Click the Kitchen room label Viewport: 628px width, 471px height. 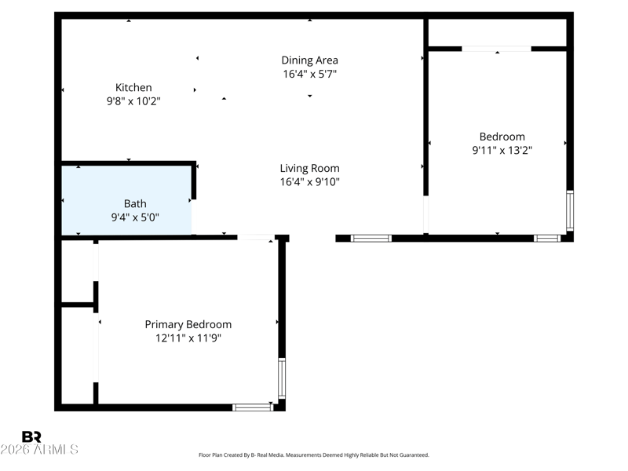[133, 87]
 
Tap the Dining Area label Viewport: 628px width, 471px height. [309, 60]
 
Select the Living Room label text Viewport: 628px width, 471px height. [309, 168]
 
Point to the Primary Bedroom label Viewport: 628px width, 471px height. [188, 324]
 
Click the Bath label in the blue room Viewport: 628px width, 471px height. [135, 203]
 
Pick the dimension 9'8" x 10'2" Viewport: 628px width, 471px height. [133, 101]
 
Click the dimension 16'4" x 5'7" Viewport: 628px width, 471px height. [309, 74]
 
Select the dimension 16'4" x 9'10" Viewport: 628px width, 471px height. [309, 182]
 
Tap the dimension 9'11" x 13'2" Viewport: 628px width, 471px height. [502, 150]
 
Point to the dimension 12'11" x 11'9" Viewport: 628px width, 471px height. [188, 338]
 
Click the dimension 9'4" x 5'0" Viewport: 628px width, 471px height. [135, 217]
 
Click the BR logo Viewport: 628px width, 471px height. [31, 436]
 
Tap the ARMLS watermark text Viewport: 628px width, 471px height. [39, 449]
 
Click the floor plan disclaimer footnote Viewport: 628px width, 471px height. [313, 455]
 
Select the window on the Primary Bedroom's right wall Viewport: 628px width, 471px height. [282, 378]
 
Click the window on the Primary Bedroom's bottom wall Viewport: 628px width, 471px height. [253, 407]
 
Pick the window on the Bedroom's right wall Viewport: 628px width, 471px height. [570, 211]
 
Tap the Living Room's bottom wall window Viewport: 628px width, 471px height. [371, 239]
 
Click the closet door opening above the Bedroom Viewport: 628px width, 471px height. [497, 49]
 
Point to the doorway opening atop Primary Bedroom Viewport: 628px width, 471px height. [257, 238]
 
